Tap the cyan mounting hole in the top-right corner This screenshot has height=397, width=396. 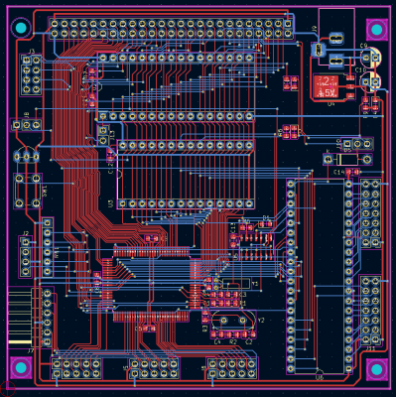tap(375, 29)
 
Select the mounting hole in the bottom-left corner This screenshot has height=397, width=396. tap(21, 368)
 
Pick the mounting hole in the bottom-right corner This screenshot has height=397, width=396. tap(375, 369)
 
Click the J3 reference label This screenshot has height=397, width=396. tap(32, 51)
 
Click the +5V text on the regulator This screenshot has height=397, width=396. tap(328, 91)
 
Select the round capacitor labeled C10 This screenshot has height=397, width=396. tap(370, 102)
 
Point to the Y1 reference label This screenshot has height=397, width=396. tap(255, 284)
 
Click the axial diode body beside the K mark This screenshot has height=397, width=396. tap(348, 158)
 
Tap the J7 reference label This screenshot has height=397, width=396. tap(31, 350)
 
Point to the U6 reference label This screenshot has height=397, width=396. tap(320, 378)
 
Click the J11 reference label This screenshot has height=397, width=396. tap(370, 349)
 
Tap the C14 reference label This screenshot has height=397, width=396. tap(338, 172)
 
